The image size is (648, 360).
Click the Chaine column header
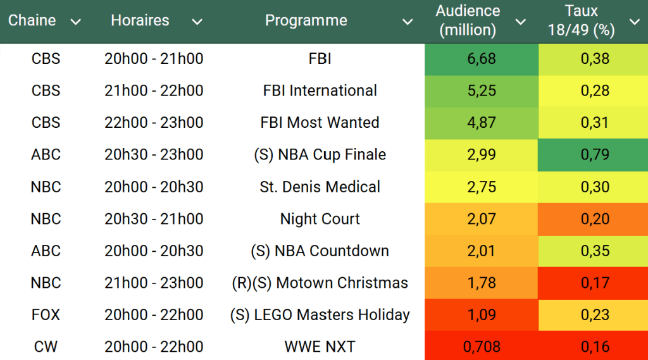pos(32,20)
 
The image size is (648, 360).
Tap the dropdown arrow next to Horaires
pos(197,22)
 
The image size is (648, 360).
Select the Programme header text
pos(306,20)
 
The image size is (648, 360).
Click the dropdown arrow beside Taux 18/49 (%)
pos(634,22)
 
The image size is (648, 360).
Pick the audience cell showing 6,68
pos(481,59)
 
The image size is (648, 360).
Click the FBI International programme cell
pos(320,90)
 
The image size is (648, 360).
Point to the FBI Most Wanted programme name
pos(320,123)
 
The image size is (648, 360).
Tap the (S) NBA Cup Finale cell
pos(320,154)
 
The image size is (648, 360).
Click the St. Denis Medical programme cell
pos(320,187)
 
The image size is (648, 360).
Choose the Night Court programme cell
pos(320,219)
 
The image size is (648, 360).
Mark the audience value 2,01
pos(481,251)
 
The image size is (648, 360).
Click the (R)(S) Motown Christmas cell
pos(320,283)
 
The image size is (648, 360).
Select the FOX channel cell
pos(46,314)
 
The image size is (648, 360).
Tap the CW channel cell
pos(46,347)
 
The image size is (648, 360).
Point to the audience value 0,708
pos(481,347)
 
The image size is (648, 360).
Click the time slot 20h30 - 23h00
pos(154,154)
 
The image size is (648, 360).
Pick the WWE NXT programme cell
pos(320,347)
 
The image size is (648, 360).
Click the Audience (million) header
pos(468,20)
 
